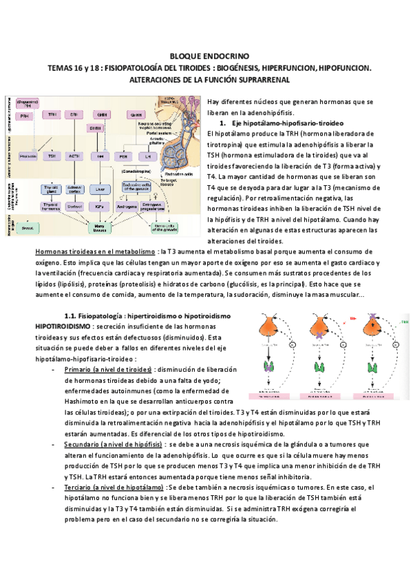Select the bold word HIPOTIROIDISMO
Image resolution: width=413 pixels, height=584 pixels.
[x=67, y=325]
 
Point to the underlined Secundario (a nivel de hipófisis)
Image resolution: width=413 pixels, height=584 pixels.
[x=112, y=446]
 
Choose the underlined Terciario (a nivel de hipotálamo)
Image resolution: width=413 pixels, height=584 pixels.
[x=114, y=487]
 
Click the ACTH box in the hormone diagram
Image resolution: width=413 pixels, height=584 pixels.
[x=73, y=156]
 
